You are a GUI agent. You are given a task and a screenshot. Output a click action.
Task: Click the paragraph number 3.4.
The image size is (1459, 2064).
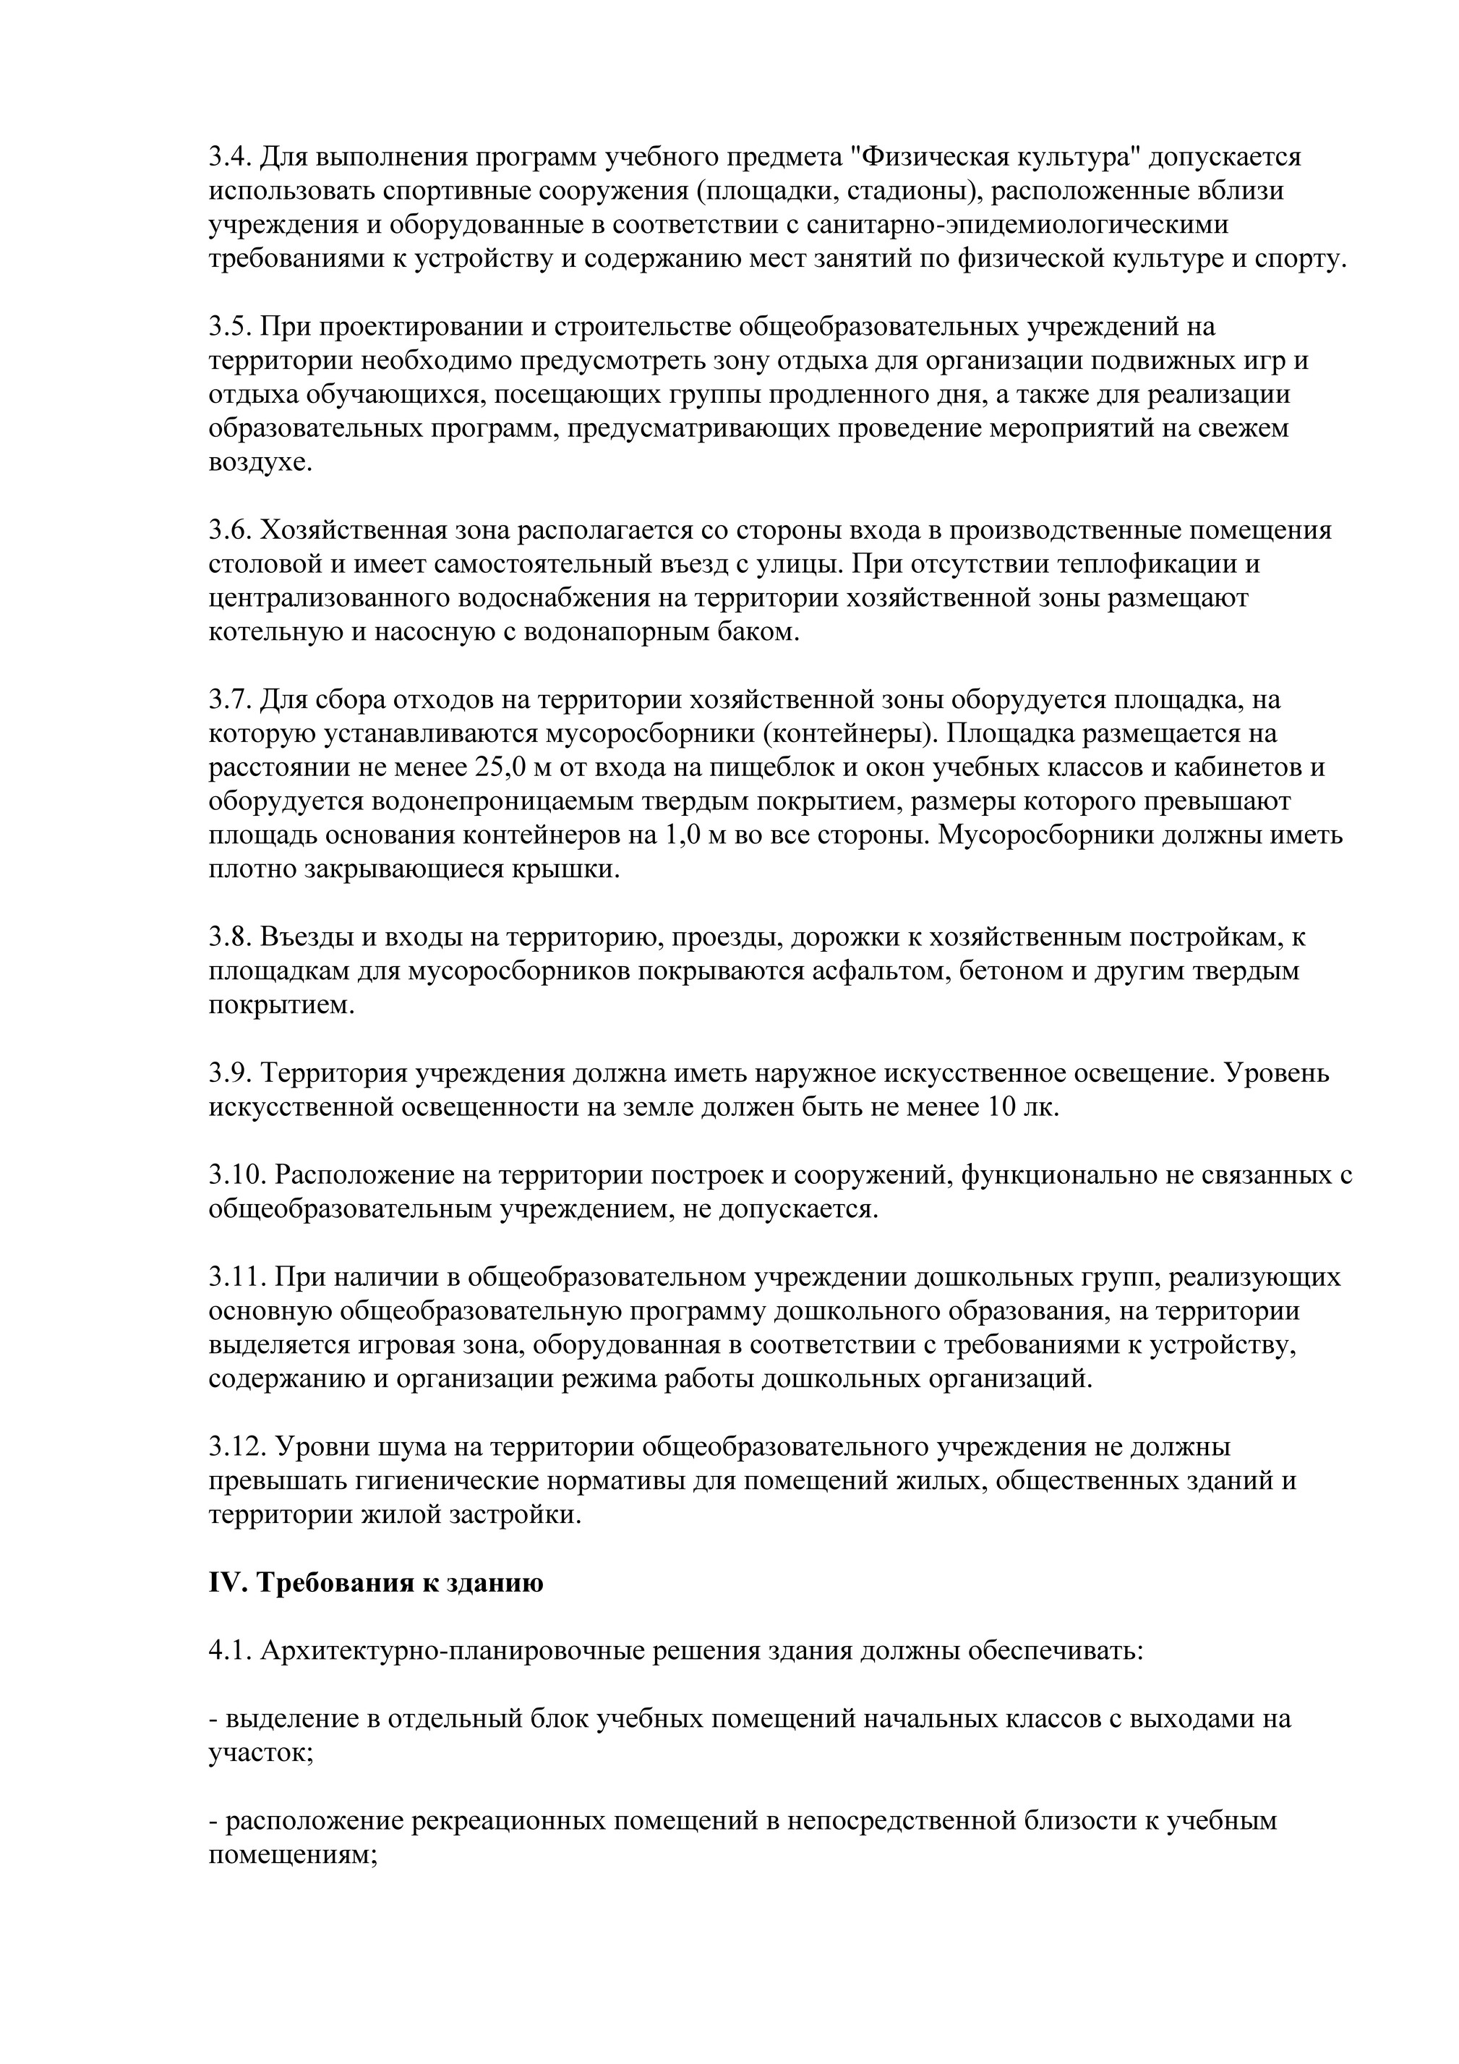230,158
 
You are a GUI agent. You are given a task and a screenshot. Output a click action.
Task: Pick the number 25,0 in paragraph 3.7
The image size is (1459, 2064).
498,769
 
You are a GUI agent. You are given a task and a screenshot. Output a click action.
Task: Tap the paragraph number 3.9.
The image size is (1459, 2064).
230,1073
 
